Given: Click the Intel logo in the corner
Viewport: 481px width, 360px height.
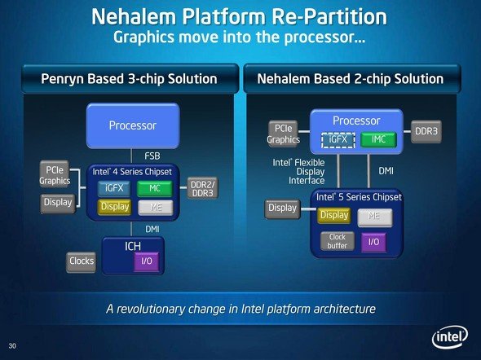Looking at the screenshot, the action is (x=450, y=337).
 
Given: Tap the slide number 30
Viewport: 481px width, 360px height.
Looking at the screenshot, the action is (x=12, y=346).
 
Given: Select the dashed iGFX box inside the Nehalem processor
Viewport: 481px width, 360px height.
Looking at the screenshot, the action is (x=338, y=140).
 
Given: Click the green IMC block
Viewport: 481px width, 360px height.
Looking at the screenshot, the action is (x=378, y=140).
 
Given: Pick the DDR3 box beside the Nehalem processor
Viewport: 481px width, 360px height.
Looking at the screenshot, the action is (x=426, y=131).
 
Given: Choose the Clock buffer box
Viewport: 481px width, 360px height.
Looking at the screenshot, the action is (x=338, y=241).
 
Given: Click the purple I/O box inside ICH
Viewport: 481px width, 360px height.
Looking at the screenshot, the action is (x=147, y=261).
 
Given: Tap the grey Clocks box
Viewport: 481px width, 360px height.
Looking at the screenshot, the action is (x=82, y=261).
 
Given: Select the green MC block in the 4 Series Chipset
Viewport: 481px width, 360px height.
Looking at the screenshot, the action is (x=155, y=188).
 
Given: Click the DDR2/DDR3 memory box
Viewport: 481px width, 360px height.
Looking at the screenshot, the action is (x=202, y=188).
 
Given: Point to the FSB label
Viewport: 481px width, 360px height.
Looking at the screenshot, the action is (x=152, y=156).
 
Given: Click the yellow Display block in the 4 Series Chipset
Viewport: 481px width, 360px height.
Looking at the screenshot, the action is (x=115, y=207).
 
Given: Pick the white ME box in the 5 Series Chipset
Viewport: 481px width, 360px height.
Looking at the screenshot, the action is (x=375, y=217).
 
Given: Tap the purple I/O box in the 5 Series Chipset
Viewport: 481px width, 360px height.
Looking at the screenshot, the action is (x=373, y=243).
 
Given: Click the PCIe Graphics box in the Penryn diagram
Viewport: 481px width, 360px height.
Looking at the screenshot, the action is (x=55, y=174).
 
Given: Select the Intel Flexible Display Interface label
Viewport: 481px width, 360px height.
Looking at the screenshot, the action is (x=298, y=172).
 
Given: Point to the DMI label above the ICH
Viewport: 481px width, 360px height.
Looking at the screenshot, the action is (x=152, y=229).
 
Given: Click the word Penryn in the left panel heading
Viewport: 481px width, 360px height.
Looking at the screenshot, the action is (x=62, y=79).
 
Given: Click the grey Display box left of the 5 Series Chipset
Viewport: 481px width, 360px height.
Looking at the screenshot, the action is (x=282, y=209).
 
